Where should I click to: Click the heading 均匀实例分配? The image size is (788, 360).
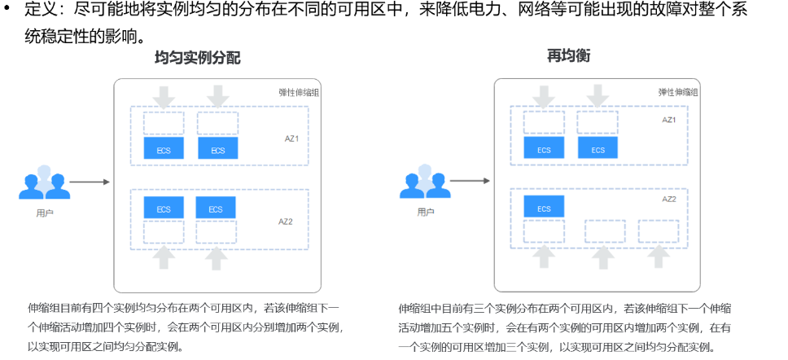(x=198, y=59)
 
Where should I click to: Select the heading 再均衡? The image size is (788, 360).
(x=568, y=56)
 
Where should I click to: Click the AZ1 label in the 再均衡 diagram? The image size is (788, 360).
(x=669, y=120)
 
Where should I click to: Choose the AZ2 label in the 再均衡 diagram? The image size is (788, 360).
(x=669, y=199)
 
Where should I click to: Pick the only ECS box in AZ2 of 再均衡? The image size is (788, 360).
(x=544, y=209)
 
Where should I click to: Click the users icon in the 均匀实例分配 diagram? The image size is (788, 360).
(x=45, y=183)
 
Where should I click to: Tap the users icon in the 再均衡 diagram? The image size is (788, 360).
(x=425, y=182)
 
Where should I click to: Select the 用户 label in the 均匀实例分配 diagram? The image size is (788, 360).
(x=45, y=213)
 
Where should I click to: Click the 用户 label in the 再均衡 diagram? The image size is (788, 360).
(x=425, y=213)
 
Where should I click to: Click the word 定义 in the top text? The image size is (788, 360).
(x=40, y=11)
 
